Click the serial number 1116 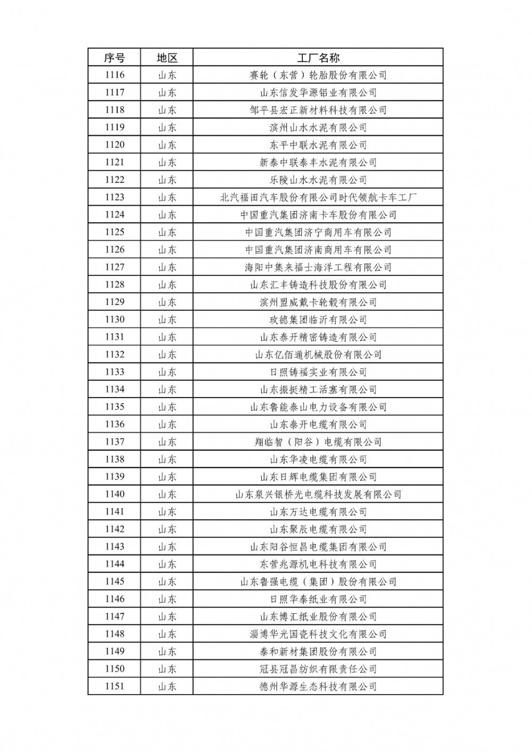114,75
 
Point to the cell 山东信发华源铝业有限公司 318,92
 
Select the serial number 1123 114,197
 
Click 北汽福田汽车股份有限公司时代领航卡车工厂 318,198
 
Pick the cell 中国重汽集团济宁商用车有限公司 318,232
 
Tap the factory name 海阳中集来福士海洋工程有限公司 318,267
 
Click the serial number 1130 114,319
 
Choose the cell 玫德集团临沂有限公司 318,320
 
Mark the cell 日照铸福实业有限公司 318,372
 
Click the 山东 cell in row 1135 167,407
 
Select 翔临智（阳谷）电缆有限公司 318,442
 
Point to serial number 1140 114,494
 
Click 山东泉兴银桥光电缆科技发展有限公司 318,495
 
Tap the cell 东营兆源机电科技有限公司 318,564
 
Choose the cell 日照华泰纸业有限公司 318,599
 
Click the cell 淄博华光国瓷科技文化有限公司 318,634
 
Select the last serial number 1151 114,686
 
